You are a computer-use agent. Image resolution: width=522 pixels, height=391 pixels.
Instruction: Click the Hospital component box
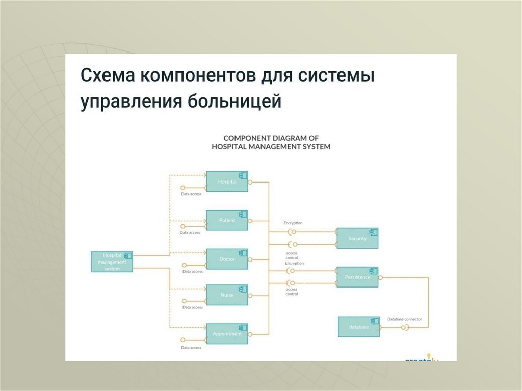pos(227,181)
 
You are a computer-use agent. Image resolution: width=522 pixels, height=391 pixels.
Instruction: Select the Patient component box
pos(227,220)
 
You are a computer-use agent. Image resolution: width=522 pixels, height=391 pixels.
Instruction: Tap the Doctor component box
pos(227,259)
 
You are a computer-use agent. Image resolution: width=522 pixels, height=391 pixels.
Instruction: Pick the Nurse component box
pos(227,295)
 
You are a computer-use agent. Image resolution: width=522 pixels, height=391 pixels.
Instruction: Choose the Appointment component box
pos(227,334)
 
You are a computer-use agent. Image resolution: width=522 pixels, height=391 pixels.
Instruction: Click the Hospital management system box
pos(112,262)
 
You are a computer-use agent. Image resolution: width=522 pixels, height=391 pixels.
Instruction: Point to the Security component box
pos(357,238)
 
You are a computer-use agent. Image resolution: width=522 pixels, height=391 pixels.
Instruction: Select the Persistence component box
pos(357,277)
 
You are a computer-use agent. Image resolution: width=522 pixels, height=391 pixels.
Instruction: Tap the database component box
pos(359,327)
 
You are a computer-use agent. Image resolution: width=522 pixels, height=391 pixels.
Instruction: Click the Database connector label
pos(404,319)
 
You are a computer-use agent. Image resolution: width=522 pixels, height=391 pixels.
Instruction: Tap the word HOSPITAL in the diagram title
pos(230,146)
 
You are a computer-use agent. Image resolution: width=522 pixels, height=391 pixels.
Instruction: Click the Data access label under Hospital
pos(191,194)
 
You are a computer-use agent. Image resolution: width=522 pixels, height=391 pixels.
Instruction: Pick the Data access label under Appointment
pos(191,348)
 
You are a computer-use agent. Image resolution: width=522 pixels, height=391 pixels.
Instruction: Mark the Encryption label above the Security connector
pos(293,223)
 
